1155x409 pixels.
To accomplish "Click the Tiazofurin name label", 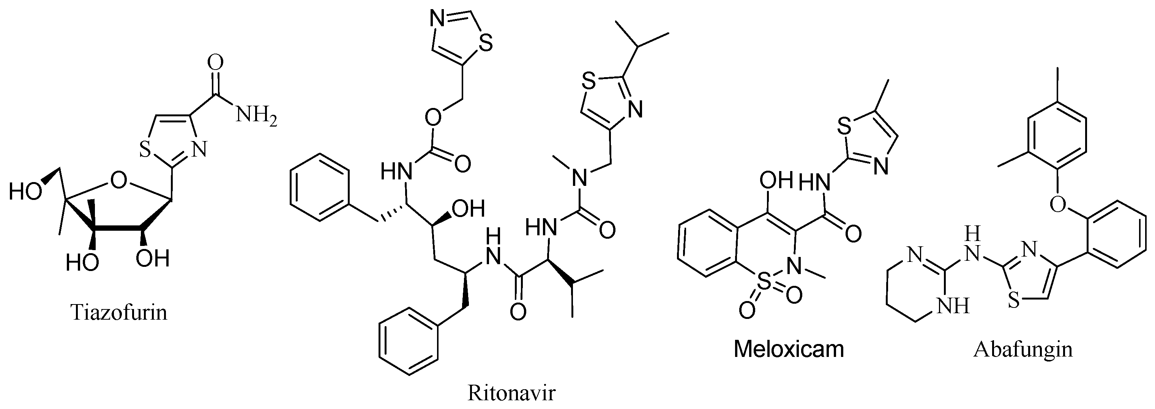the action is click(119, 312).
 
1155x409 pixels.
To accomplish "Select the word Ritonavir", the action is click(511, 393).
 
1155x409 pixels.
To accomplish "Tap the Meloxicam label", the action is click(789, 349).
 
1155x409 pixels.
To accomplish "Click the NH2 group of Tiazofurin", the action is click(256, 116).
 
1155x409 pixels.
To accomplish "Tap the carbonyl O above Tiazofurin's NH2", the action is click(216, 63).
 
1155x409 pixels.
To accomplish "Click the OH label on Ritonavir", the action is click(469, 208).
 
